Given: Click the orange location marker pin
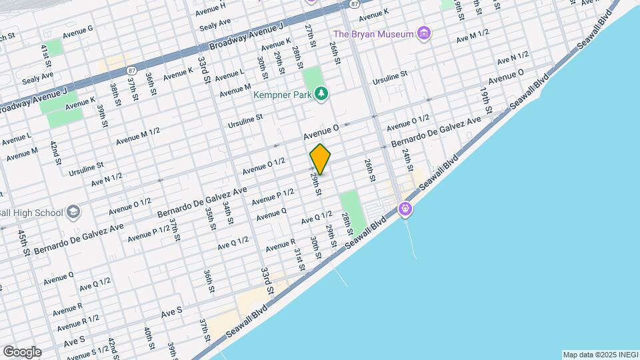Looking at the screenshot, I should tap(321, 159).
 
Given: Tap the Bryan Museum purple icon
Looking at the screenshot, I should tap(423, 33).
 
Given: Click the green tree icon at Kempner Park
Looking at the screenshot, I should tap(321, 94).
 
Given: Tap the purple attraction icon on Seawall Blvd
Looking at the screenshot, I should tap(405, 209).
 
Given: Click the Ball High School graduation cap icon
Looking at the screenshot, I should tap(73, 213).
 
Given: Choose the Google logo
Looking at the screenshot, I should tap(22, 351).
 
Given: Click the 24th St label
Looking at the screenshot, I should tap(406, 160).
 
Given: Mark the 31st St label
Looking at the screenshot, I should tap(299, 258).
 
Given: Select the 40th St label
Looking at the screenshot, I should tap(149, 339).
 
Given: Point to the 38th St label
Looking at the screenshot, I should tap(115, 91).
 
